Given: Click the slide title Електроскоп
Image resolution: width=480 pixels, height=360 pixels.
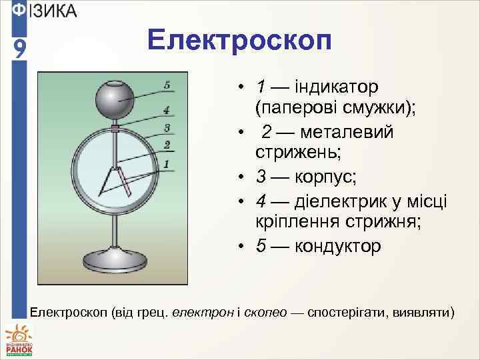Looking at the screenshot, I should coord(239,41).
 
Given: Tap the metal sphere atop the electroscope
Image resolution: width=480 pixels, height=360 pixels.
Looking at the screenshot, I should coord(117,101).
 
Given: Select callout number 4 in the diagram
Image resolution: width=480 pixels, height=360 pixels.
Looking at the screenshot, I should coord(166,110).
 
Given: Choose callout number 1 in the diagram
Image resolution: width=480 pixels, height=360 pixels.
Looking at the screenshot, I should coord(166,163).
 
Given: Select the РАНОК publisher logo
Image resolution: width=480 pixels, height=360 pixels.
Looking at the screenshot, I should coord(19,339).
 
